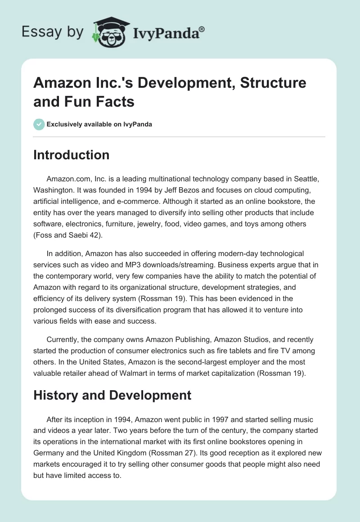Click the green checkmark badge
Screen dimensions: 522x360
39,124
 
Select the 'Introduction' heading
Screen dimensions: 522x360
72,155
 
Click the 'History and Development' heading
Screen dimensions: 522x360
112,396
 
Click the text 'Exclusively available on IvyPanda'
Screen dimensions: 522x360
99,124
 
